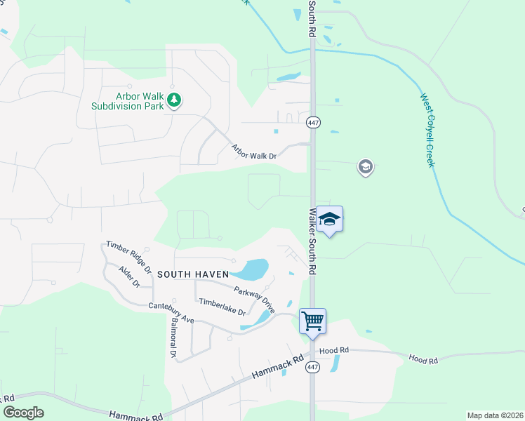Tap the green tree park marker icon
174,102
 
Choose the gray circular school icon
365,167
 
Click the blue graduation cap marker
329,220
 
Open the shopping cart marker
312,321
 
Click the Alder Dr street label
129,276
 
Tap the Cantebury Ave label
171,313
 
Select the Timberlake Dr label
222,307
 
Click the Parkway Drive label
254,298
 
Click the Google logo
23,413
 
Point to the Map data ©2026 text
494,415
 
